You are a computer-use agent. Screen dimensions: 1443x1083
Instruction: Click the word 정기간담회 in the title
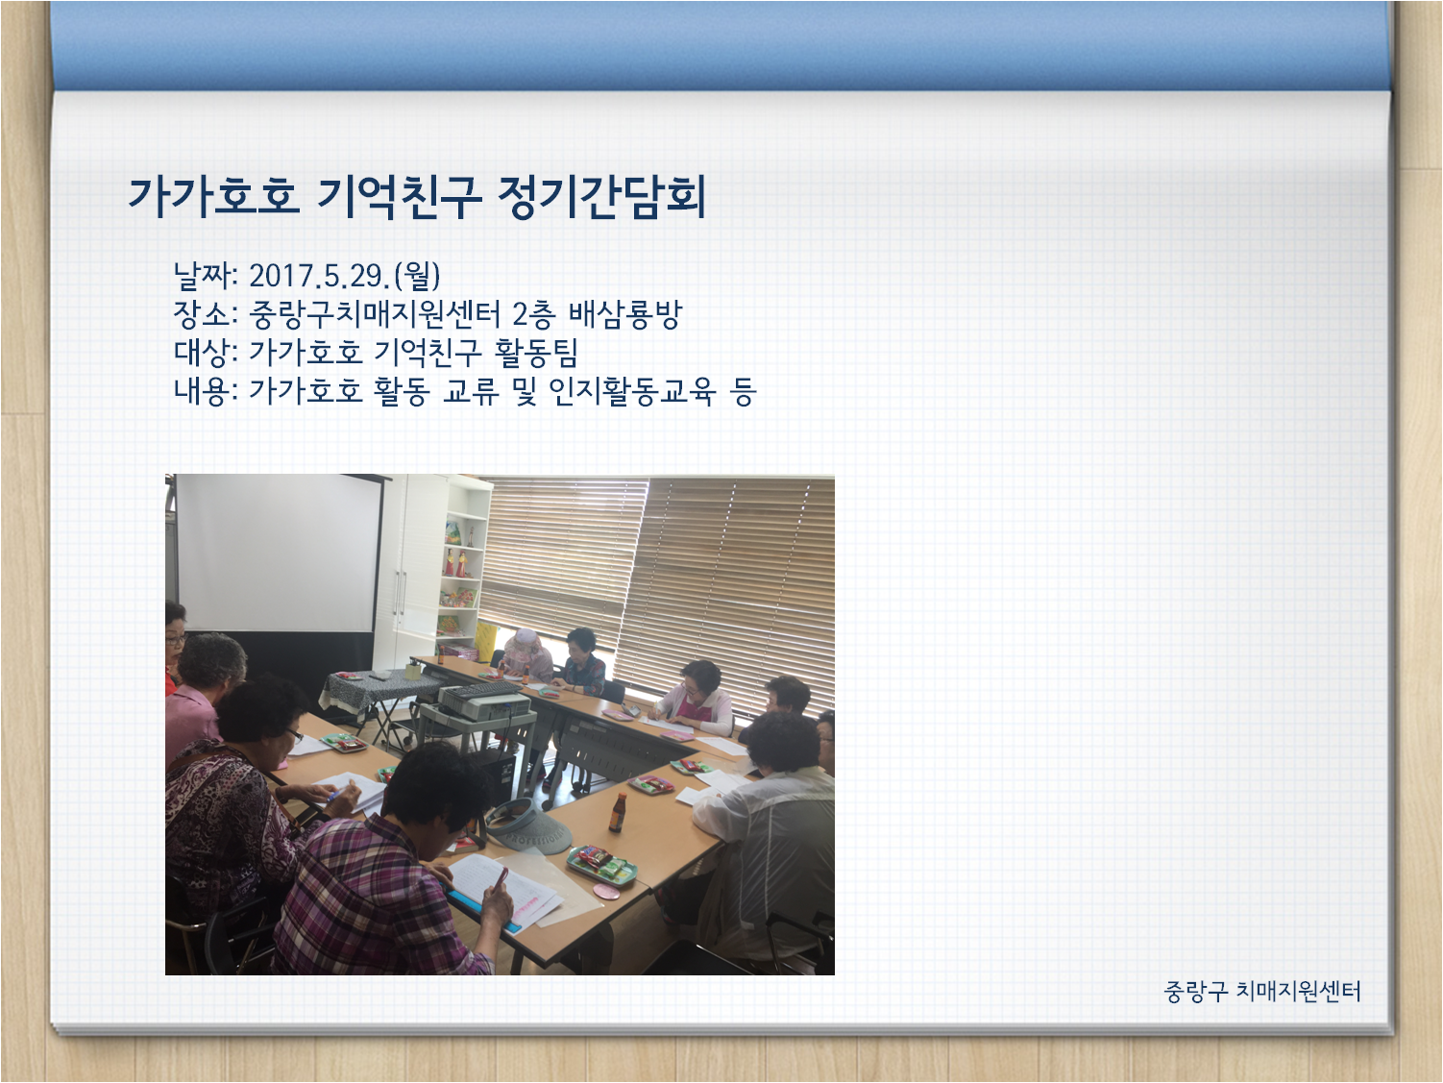pyautogui.click(x=601, y=197)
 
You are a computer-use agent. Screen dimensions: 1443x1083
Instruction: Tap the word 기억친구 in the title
pyautogui.click(x=399, y=197)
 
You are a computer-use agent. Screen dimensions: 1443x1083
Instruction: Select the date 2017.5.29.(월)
pyautogui.click(x=345, y=276)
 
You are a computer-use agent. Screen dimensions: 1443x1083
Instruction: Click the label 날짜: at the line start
pyautogui.click(x=205, y=276)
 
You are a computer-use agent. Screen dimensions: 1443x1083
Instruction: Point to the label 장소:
pyautogui.click(x=205, y=314)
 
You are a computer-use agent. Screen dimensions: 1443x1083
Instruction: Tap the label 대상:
pyautogui.click(x=205, y=353)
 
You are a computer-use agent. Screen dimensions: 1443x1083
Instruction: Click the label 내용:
pyautogui.click(x=205, y=390)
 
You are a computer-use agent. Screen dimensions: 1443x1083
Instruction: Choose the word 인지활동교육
pyautogui.click(x=632, y=390)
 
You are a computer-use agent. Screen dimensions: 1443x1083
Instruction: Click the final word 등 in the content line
pyautogui.click(x=743, y=390)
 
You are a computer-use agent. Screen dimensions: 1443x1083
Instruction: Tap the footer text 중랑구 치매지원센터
pyautogui.click(x=1261, y=992)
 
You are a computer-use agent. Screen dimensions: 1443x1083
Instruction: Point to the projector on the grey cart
pyautogui.click(x=484, y=701)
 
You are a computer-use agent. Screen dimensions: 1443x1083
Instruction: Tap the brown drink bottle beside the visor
pyautogui.click(x=617, y=813)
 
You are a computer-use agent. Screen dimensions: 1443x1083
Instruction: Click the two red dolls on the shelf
pyautogui.click(x=455, y=563)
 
